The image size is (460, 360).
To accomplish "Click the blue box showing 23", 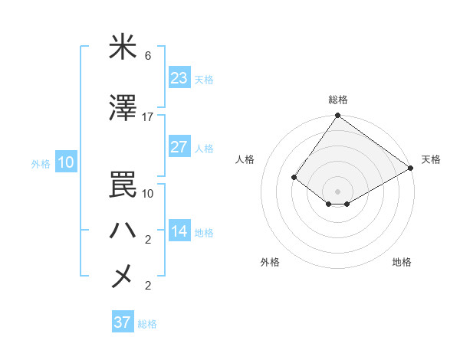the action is pos(179,78).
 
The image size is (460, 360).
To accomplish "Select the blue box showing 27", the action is pos(179,147).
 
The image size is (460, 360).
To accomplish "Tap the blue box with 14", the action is pos(179,231).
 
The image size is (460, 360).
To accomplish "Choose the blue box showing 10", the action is pos(66,162).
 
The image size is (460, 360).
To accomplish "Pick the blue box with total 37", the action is pos(122,322).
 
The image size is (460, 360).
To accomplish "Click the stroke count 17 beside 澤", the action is pos(148,117).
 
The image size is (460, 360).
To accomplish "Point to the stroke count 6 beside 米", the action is pos(148,56).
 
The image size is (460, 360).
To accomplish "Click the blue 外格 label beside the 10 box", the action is pos(41,163).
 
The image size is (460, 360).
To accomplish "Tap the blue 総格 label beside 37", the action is pos(147,324).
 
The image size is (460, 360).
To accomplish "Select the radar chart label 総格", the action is pos(337,100).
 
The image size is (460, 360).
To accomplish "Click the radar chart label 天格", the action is pos(431,159).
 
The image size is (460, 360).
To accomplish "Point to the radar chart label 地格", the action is pos(402,262).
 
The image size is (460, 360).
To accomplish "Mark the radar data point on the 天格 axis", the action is pos(411,168).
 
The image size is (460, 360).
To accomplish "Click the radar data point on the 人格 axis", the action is pos(294,177).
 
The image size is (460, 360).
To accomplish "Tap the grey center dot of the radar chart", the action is pos(337,191).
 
